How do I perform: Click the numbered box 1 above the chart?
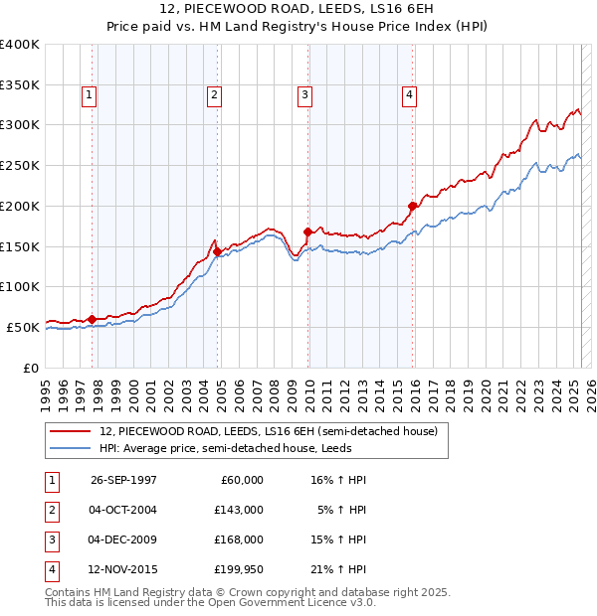(x=89, y=95)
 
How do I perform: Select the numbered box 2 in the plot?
(x=214, y=95)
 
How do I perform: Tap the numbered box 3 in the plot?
(x=303, y=95)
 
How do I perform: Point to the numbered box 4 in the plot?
(x=409, y=95)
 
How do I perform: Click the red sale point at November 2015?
(x=412, y=206)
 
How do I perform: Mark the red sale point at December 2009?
(x=307, y=231)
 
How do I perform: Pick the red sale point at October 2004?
(x=217, y=251)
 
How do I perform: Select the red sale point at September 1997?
(x=93, y=319)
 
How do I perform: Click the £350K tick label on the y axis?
(x=20, y=84)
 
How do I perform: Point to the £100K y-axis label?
(x=20, y=286)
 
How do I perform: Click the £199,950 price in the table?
(x=238, y=570)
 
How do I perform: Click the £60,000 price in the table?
(x=239, y=480)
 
